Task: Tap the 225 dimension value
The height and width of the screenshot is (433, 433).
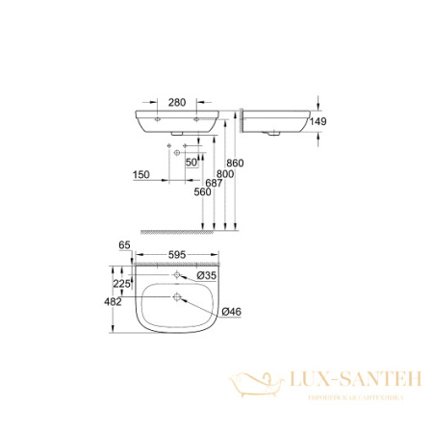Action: [x=118, y=284]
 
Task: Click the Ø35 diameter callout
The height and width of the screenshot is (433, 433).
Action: [x=213, y=275]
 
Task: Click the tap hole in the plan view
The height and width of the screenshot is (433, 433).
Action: [x=178, y=276]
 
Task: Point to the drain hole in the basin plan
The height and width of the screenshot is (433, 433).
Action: [x=178, y=297]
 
